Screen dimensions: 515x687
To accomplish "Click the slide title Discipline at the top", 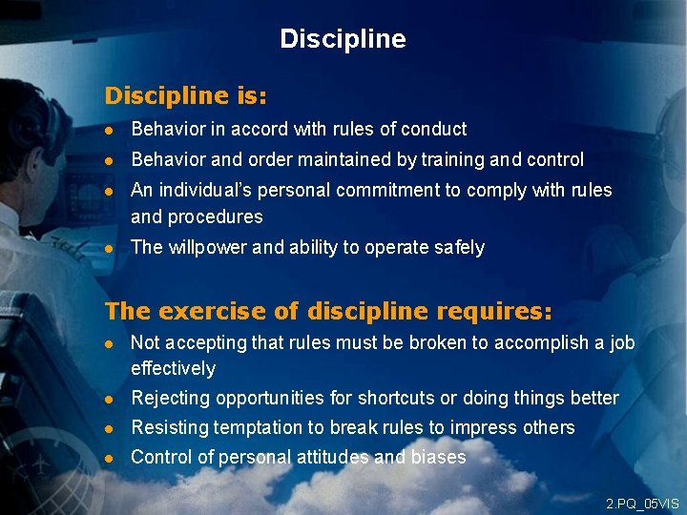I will [343, 39].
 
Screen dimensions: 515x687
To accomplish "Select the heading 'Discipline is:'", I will [185, 96].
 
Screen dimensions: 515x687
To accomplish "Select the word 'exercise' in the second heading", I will [201, 312].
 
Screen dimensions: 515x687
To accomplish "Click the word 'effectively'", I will [173, 368].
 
